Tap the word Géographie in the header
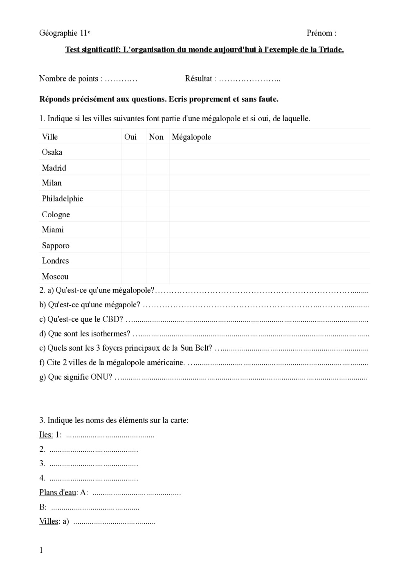pos(58,33)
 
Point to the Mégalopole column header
pos(191,137)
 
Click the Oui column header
pos(130,137)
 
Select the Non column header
pos(156,137)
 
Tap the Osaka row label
pos(52,152)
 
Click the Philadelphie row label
pos(62,199)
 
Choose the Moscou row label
pos(55,277)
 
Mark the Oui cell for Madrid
pos(134,168)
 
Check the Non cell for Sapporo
pos(158,246)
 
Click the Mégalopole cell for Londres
pos(269,261)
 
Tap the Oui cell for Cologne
pos(134,214)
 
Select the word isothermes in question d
pos(110,334)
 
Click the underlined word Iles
pos(46,435)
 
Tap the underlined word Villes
pos(49,521)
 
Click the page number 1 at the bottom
pos(41,550)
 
